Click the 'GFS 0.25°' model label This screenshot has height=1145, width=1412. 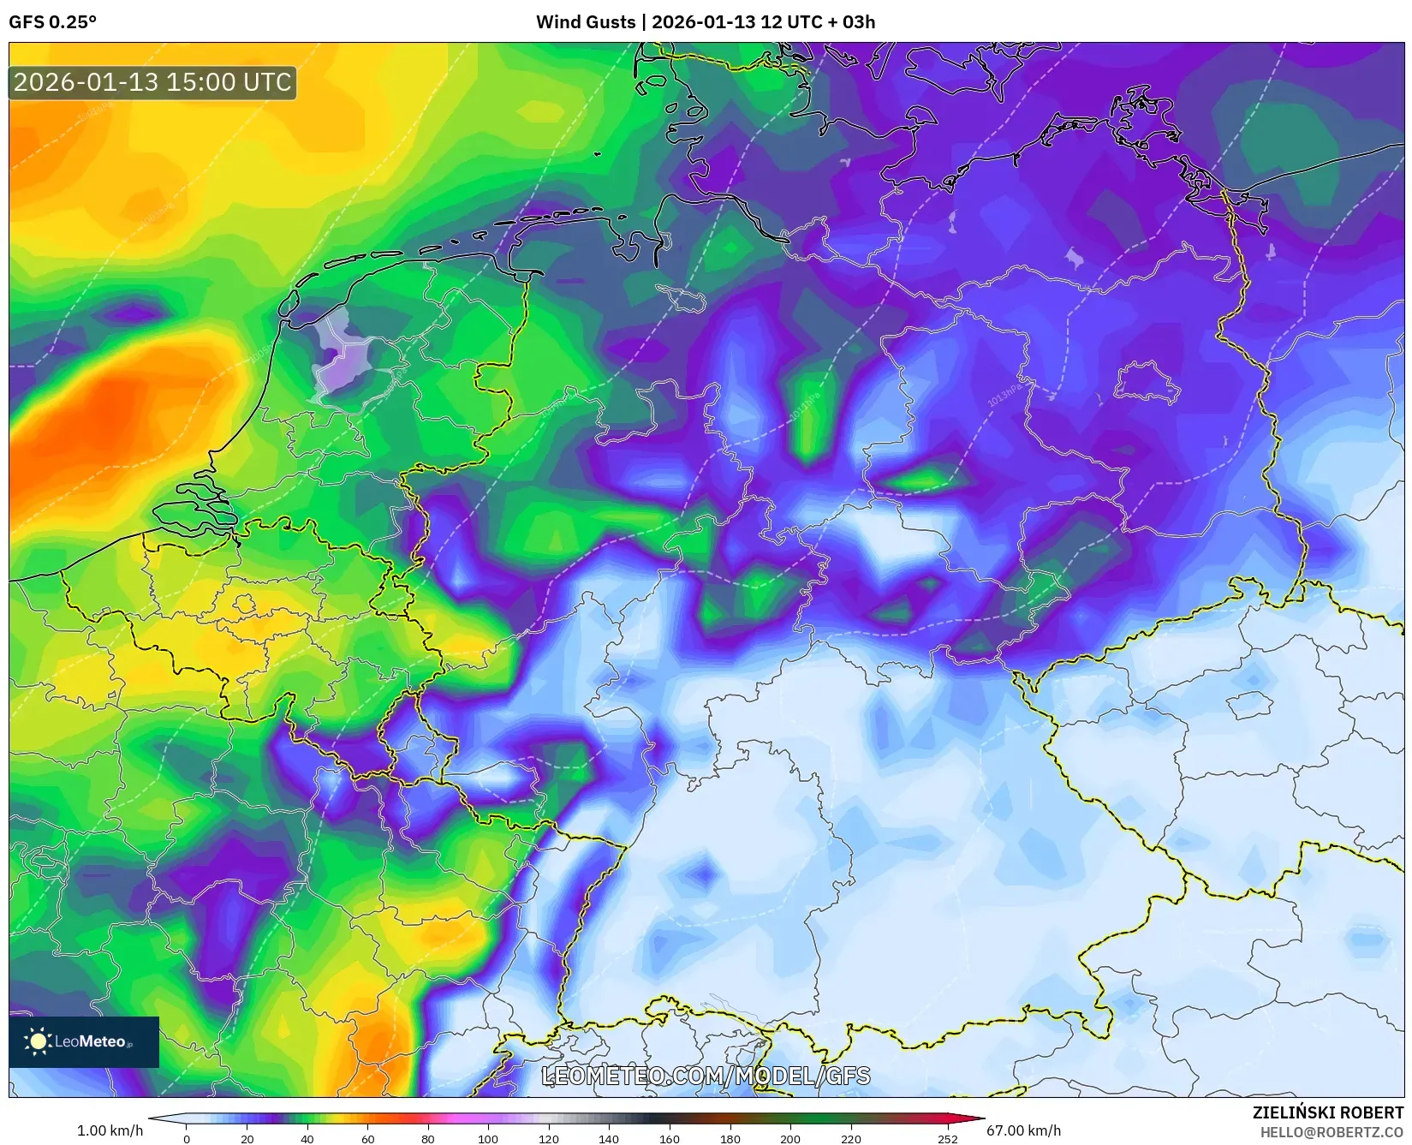pos(52,22)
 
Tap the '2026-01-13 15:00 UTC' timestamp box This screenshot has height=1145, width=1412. pos(152,82)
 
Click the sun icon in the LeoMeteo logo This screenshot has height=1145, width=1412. pos(38,1041)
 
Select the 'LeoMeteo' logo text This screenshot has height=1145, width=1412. pos(91,1041)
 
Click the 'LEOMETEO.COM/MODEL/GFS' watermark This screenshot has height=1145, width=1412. pos(706,1076)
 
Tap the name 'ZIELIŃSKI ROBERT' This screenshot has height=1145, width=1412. pos(1327,1112)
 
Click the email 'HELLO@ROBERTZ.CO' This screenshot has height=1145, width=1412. pos(1332,1132)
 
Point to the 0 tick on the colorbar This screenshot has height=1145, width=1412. pos(187,1139)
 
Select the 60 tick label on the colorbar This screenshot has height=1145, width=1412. pos(367,1139)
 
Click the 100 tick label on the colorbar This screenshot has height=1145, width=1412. pos(488,1139)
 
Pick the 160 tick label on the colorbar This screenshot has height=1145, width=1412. pos(669,1139)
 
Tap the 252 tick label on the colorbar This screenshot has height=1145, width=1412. pos(946,1139)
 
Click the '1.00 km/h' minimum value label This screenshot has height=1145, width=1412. pos(110,1130)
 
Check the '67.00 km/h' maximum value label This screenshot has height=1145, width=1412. pos(1023,1130)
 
